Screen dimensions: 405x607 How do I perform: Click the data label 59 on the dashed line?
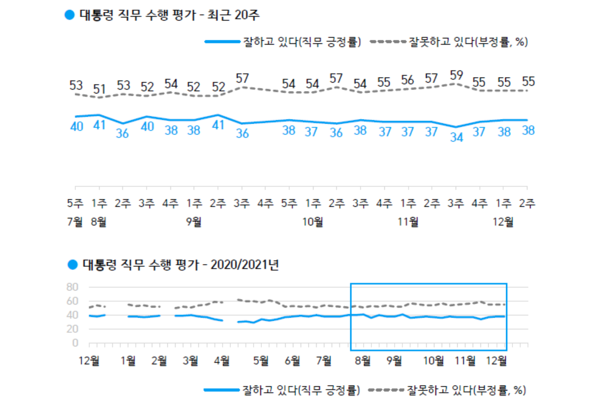click(456, 74)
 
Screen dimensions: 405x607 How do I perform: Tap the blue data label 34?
click(456, 138)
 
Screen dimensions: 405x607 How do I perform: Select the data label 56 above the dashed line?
click(408, 80)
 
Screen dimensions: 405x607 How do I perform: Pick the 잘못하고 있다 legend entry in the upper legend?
click(449, 42)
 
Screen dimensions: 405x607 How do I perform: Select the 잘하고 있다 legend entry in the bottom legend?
click(282, 389)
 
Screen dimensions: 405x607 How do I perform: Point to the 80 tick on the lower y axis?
click(72, 287)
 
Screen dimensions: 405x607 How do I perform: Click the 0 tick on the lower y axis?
click(75, 343)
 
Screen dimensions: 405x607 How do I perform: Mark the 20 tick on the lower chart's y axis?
click(72, 329)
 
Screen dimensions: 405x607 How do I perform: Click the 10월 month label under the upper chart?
click(313, 222)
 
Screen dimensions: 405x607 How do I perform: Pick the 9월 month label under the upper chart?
click(194, 222)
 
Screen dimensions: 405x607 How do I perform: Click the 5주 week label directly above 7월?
click(75, 203)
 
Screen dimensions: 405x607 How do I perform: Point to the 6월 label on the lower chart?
click(293, 361)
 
